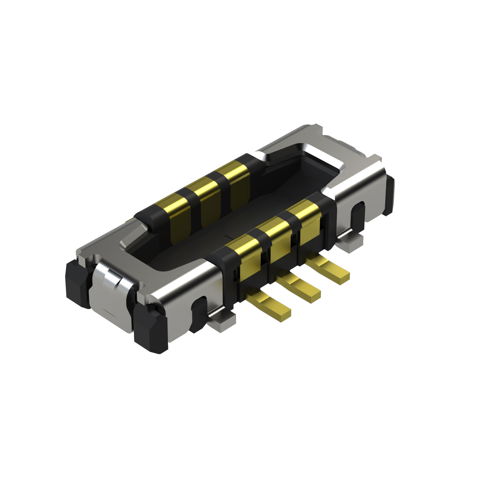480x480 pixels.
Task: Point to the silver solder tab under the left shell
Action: (x=223, y=318)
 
